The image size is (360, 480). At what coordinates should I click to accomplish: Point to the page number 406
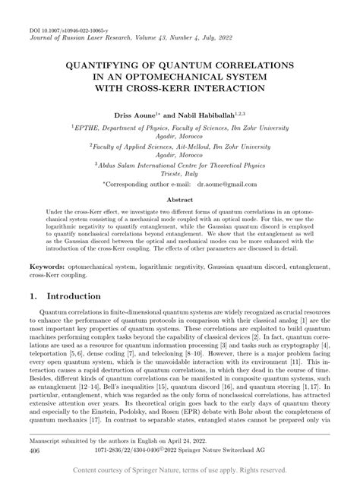coord(35,450)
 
